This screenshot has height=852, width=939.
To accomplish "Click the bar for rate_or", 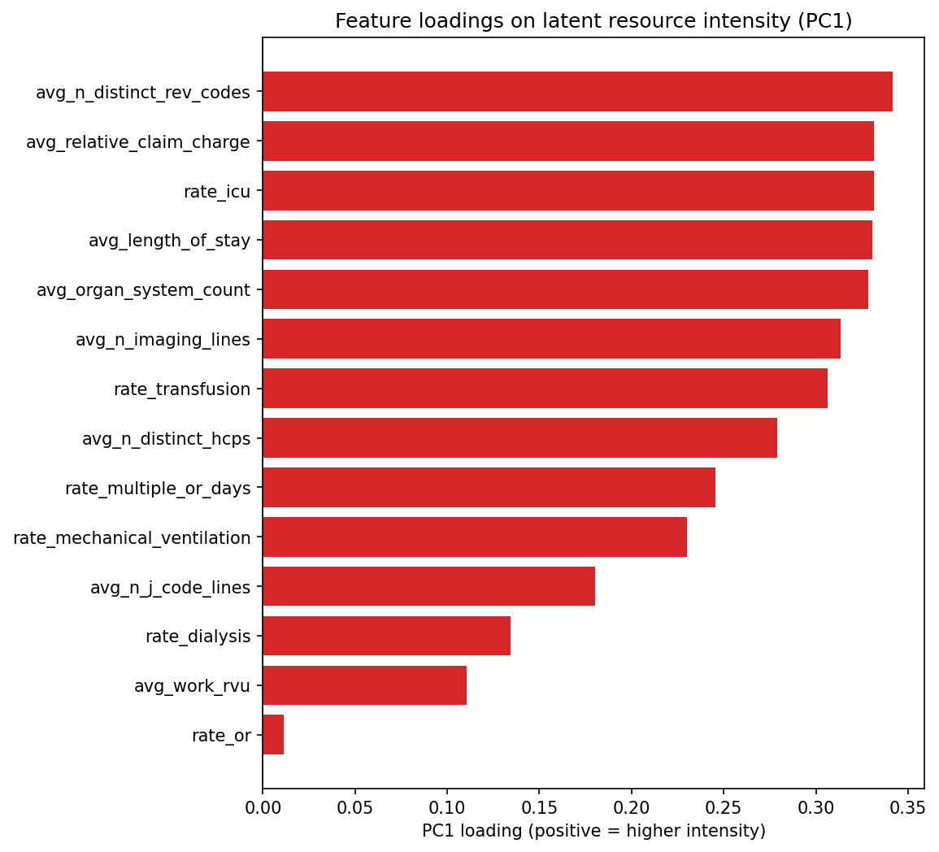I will point(273,735).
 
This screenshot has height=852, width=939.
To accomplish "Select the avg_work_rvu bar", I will point(364,685).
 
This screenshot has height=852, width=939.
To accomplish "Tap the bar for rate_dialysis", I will point(386,636).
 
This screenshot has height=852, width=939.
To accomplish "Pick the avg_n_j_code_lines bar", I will point(428,586).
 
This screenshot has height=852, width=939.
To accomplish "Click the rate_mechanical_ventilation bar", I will point(475,537).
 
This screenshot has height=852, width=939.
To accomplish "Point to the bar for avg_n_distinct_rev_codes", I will point(577,91).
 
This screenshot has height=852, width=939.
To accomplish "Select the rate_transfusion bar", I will point(545,389).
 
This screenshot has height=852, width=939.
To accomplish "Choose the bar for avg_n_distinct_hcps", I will point(519,438).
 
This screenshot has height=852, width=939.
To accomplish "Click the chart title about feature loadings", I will point(593,21).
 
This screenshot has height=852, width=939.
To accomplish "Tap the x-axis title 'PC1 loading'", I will point(593,831).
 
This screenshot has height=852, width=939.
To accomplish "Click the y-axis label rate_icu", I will point(217,191).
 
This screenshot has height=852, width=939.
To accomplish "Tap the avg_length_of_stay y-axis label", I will point(169,241).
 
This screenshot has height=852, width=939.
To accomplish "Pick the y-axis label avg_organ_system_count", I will point(143,290).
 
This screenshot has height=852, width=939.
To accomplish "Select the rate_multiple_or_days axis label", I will point(158,489).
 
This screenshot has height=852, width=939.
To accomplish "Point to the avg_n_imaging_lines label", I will point(163,340).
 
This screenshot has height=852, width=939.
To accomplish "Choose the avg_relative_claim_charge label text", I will point(138,142).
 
